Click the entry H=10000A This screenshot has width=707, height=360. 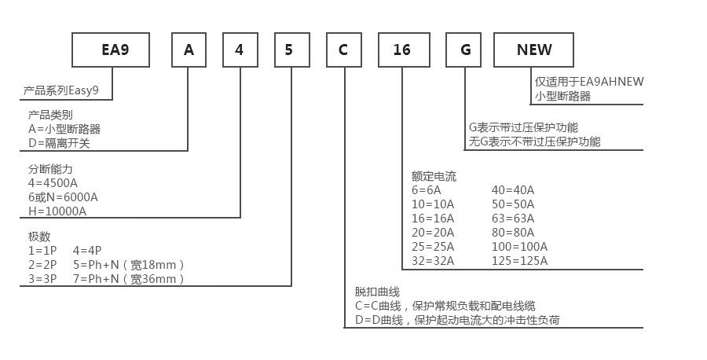[57, 211]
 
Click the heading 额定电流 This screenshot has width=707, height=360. [434, 176]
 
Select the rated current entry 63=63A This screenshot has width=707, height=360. [513, 218]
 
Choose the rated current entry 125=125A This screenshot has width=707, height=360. [519, 260]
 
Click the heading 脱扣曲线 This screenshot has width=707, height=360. [377, 292]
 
